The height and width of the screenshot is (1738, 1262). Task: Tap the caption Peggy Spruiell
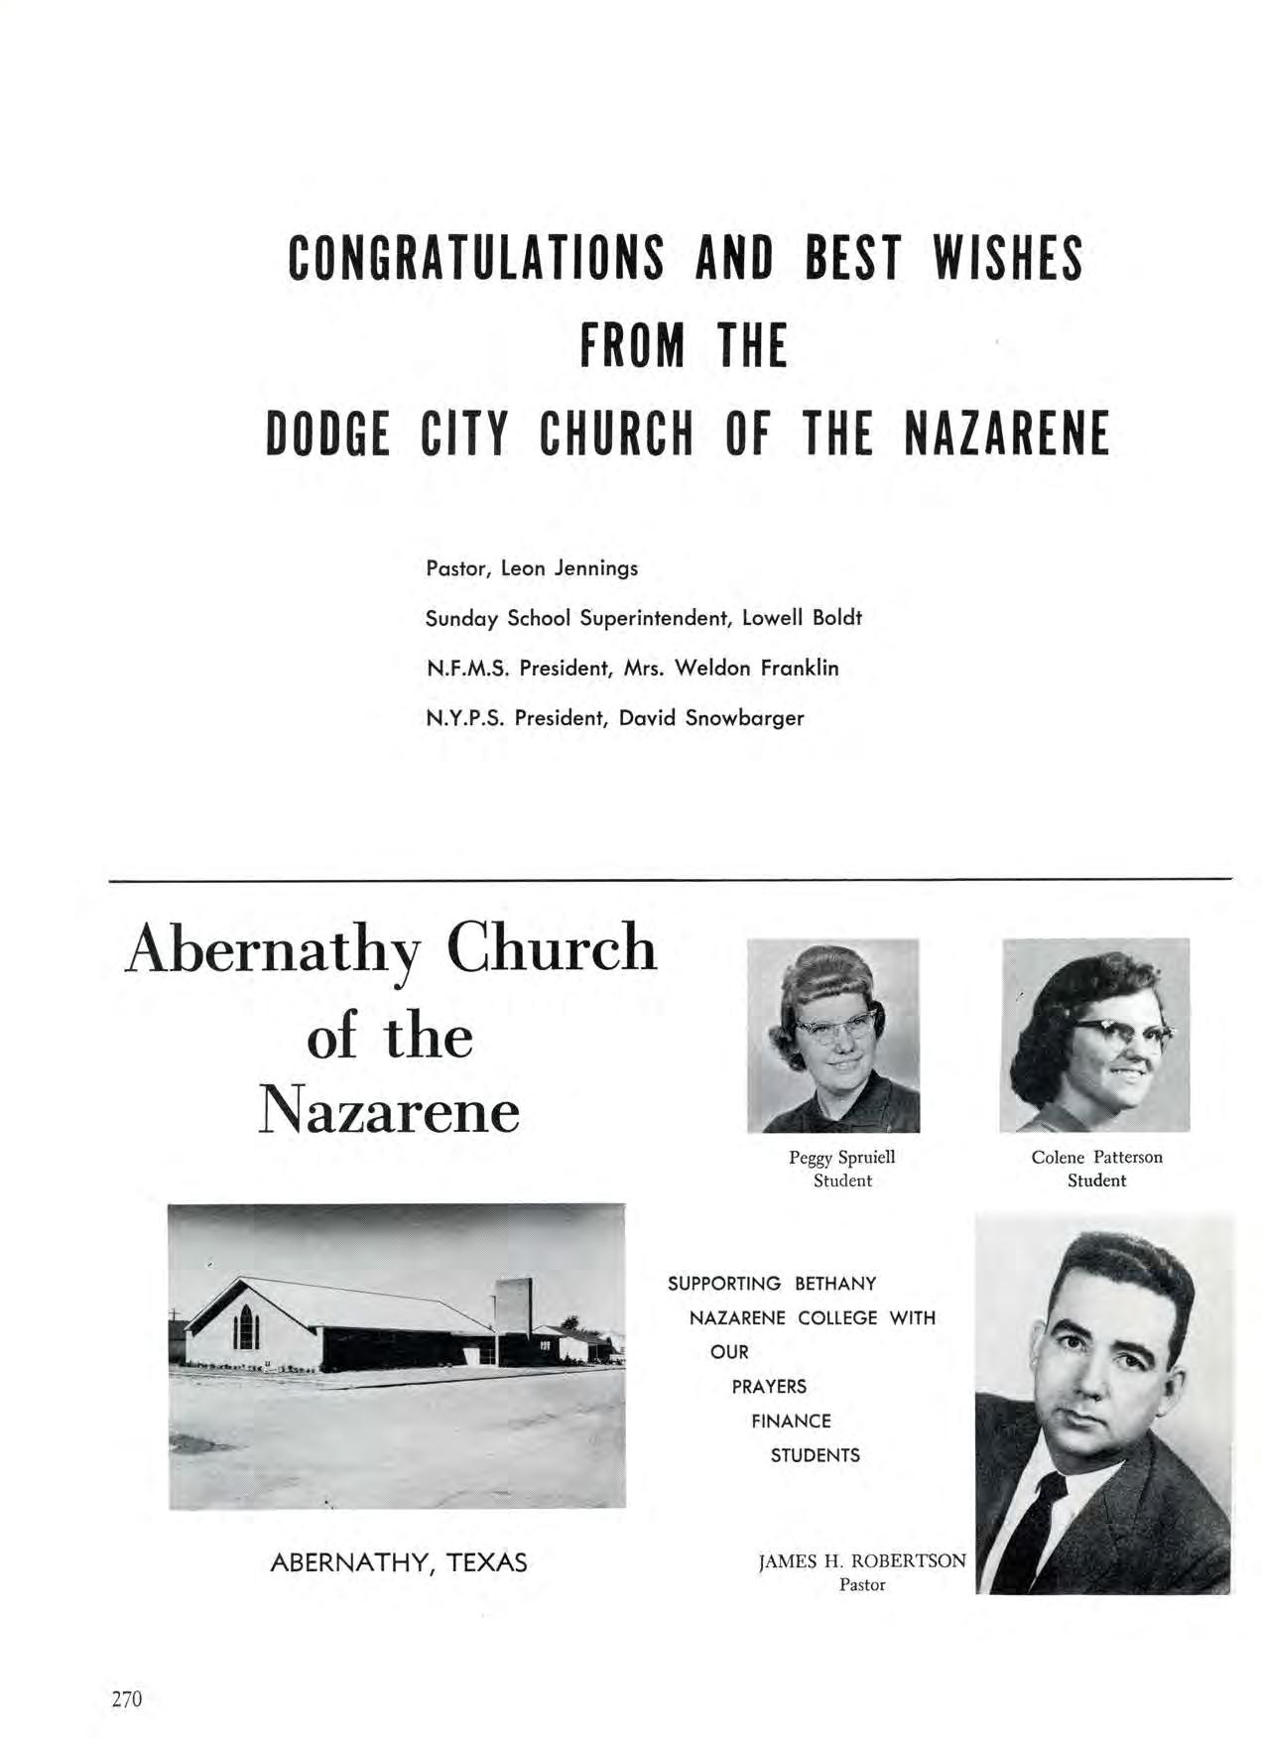click(x=842, y=1157)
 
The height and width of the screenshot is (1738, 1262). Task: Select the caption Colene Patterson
click(x=1096, y=1157)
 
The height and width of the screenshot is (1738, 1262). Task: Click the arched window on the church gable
click(x=245, y=1326)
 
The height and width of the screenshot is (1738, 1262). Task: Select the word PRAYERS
click(x=769, y=1387)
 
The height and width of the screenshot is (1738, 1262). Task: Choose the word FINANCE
click(x=791, y=1422)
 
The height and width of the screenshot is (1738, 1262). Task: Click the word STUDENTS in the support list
click(x=815, y=1456)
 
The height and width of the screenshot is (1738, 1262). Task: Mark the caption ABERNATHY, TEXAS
click(x=399, y=1563)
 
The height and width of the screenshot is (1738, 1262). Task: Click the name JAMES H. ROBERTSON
click(x=861, y=1560)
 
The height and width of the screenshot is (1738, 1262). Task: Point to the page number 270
click(x=127, y=1699)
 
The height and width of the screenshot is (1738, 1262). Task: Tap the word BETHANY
click(x=835, y=1284)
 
